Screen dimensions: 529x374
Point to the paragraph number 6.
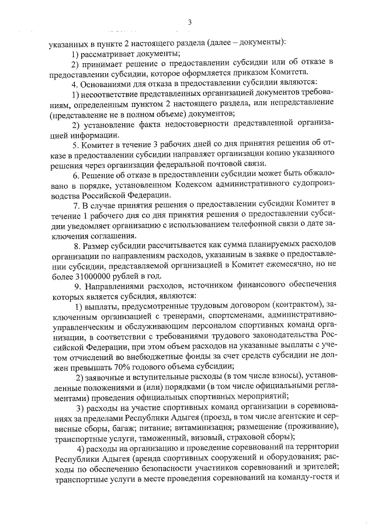[75, 175]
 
